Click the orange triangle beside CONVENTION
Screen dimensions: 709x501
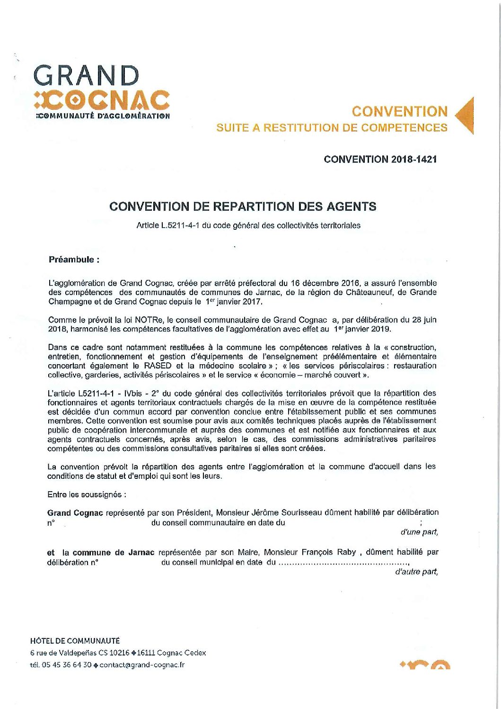[x=466, y=116]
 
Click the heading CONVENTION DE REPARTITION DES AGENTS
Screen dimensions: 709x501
[x=243, y=206]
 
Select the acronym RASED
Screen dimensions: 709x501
[x=158, y=366]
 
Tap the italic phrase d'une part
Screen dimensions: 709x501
[x=419, y=532]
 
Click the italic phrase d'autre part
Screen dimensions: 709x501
[x=416, y=572]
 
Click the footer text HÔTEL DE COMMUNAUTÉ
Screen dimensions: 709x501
[x=75, y=641]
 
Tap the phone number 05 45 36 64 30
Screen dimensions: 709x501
[x=67, y=665]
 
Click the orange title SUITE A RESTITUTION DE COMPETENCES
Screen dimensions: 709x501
[x=332, y=128]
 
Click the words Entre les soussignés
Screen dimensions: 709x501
[x=87, y=494]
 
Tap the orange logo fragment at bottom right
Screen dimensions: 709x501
[x=425, y=664]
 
